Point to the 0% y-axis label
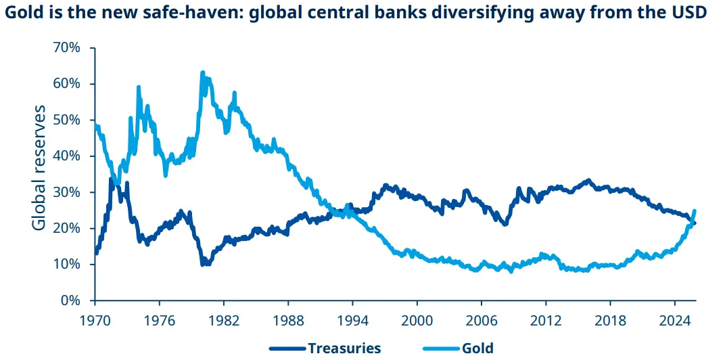point(73,300)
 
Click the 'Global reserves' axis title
point(40,167)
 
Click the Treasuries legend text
point(344,348)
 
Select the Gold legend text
point(478,348)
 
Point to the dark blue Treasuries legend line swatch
point(287,348)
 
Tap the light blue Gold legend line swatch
point(441,348)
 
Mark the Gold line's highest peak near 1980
point(202,72)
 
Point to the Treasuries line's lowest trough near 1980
point(203,264)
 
